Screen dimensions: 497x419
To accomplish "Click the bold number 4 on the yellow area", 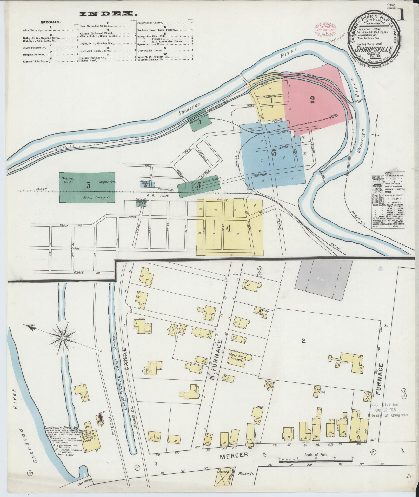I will (x=229, y=228).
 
